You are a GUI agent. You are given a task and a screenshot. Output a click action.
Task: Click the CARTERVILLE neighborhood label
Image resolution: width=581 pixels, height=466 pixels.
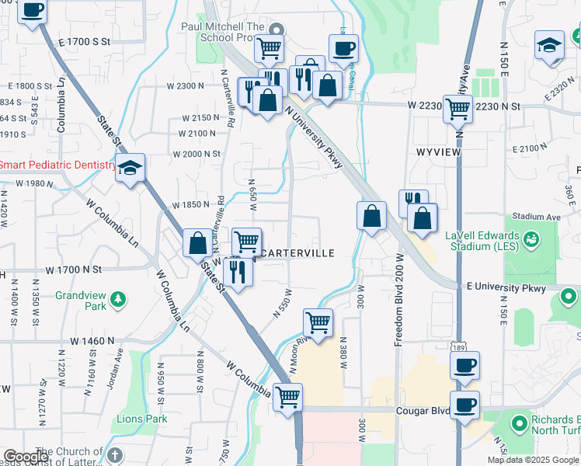pyautogui.click(x=298, y=253)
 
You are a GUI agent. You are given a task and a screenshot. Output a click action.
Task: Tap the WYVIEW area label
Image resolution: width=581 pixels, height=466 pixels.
pyautogui.click(x=439, y=152)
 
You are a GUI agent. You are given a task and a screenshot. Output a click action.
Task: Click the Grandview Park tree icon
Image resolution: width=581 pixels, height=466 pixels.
pyautogui.click(x=117, y=298)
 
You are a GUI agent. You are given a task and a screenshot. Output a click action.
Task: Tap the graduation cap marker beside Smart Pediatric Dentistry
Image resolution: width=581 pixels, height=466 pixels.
pyautogui.click(x=130, y=167)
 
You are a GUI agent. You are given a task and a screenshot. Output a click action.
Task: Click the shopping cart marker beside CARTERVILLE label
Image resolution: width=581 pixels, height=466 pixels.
pyautogui.click(x=246, y=241)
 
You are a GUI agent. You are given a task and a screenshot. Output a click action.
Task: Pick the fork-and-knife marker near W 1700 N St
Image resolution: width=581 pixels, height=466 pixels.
pyautogui.click(x=237, y=272)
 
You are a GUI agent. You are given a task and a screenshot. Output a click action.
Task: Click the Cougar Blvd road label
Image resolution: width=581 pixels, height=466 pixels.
pyautogui.click(x=423, y=411)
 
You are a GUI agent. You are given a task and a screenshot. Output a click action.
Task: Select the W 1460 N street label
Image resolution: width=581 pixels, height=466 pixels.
pyautogui.click(x=92, y=340)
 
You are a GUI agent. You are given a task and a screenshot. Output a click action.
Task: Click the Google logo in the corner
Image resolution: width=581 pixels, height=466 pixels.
pyautogui.click(x=26, y=457)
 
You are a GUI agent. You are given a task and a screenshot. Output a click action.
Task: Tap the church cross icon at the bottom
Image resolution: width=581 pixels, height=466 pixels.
pyautogui.click(x=114, y=454)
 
